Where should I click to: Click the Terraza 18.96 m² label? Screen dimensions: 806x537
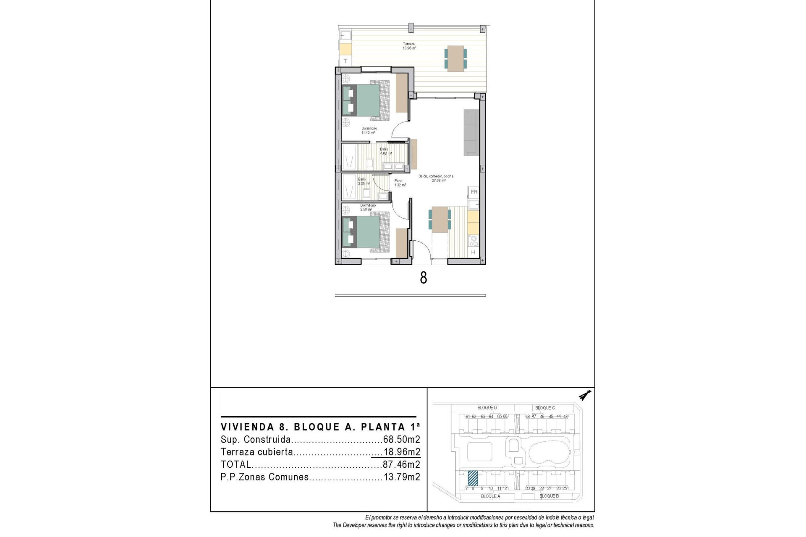[409, 46]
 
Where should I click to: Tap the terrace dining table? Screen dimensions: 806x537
[455, 58]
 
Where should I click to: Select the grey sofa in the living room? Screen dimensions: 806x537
[471, 133]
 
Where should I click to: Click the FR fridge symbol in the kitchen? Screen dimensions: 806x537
[474, 192]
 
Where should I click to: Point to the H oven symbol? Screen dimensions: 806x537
[473, 252]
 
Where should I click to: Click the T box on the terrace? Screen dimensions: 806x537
[345, 61]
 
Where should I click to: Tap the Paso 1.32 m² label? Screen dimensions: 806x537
[400, 183]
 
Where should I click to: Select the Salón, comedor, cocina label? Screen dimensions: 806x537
[436, 178]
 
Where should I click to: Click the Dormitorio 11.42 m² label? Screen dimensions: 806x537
[369, 130]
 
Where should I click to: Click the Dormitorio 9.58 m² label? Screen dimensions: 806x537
[367, 207]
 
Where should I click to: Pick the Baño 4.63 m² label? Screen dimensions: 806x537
[385, 151]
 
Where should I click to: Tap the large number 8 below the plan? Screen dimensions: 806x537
[423, 278]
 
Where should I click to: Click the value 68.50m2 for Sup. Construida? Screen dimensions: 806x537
[401, 440]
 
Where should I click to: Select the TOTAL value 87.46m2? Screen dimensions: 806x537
[401, 464]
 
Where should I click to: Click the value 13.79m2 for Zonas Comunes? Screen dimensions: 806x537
[401, 477]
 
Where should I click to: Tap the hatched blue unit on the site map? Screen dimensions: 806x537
[473, 477]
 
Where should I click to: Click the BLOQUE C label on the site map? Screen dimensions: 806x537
[544, 408]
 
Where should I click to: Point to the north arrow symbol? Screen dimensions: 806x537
[584, 396]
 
